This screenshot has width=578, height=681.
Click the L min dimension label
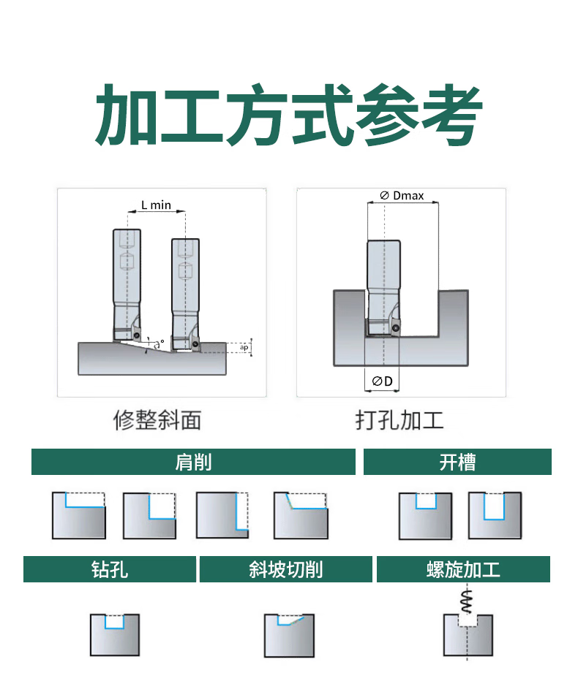(x=156, y=205)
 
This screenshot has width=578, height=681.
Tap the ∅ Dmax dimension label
(x=402, y=196)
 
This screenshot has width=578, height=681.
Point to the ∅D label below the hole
(x=382, y=381)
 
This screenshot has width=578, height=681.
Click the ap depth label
(x=244, y=347)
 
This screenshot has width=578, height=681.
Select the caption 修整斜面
(x=157, y=419)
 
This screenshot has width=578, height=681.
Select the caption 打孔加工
(x=399, y=419)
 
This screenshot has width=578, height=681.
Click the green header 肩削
(x=193, y=462)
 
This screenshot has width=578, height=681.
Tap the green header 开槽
(x=457, y=462)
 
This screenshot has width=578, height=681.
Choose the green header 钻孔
(x=110, y=569)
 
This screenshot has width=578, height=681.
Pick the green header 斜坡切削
(x=285, y=569)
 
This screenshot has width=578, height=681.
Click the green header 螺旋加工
(x=463, y=569)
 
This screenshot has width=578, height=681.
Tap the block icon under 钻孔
(x=114, y=634)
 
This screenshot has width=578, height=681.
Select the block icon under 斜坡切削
(x=289, y=634)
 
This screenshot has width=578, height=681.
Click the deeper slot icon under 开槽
(x=495, y=515)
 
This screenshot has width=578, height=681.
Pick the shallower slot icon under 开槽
(x=425, y=515)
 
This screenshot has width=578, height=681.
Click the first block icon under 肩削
(x=79, y=515)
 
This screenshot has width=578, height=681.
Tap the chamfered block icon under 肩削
(x=301, y=515)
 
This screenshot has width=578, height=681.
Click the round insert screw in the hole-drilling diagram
(x=396, y=327)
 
